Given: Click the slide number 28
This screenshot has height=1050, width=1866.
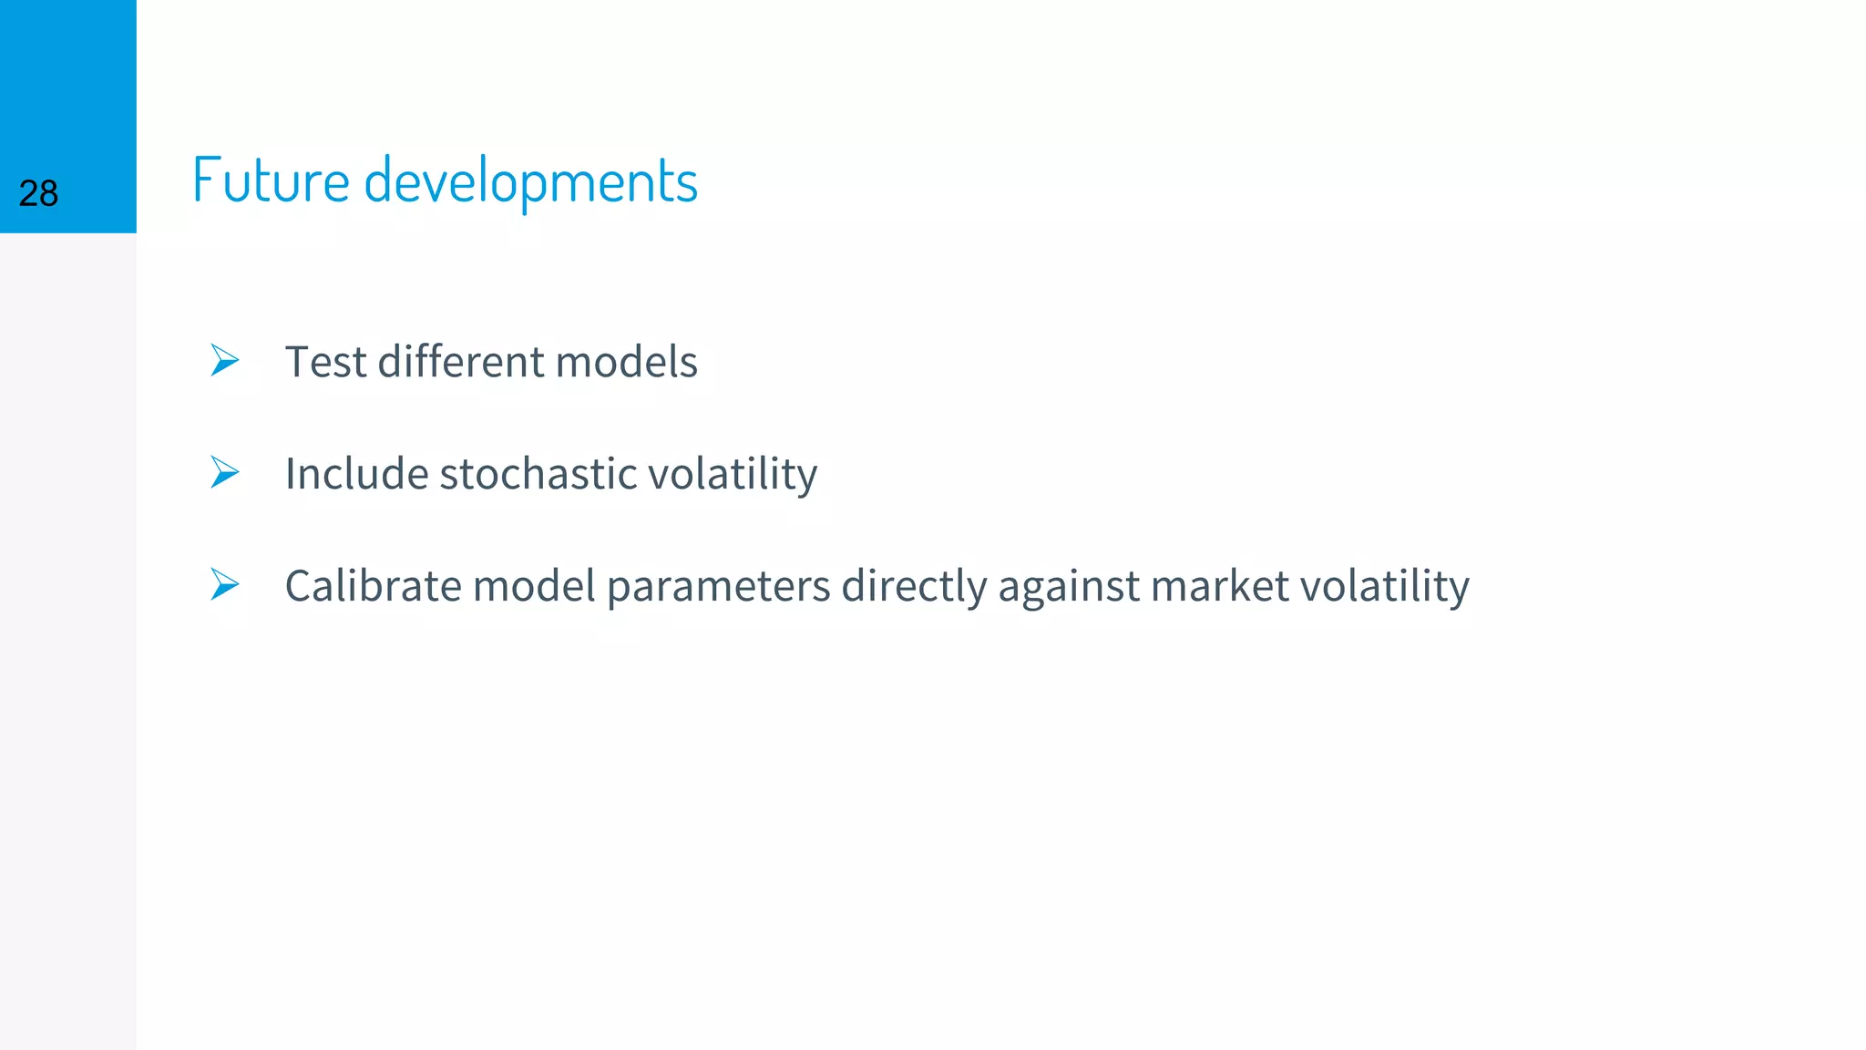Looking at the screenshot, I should [38, 194].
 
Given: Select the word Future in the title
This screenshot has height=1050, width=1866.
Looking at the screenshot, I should [271, 180].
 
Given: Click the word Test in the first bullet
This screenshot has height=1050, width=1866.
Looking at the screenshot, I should [325, 362].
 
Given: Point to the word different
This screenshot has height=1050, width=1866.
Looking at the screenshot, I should [461, 362].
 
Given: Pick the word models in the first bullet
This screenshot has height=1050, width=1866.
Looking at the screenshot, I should [626, 362].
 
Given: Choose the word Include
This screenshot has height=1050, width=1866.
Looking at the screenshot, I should [356, 474].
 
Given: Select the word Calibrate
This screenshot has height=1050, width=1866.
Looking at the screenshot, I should [374, 585].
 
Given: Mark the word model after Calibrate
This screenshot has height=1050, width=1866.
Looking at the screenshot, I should [534, 585].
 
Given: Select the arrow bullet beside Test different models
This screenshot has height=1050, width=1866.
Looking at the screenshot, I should [224, 360].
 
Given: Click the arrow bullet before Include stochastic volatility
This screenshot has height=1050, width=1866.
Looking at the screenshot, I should [224, 472].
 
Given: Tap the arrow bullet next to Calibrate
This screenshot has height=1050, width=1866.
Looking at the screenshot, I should [224, 583].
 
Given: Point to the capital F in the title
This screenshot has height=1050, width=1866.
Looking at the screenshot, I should [204, 180].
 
